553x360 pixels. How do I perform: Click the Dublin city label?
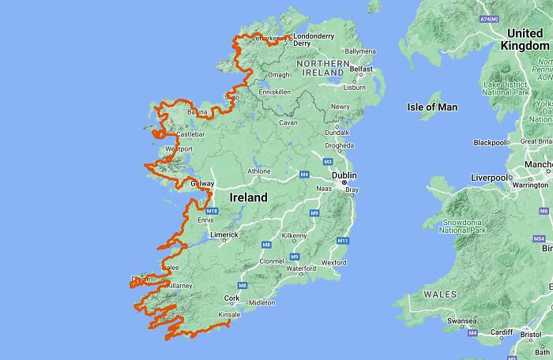coord(344,175)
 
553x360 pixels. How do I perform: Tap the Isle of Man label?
coord(432,107)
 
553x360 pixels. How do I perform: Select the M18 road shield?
coord(212,211)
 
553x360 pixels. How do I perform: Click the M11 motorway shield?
coord(342,240)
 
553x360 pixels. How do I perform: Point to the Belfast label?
coord(361,69)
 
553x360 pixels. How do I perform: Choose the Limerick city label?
coord(224,235)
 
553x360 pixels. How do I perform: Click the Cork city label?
coord(231,298)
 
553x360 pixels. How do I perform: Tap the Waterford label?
coord(300,268)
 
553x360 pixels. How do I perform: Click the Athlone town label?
coord(258,171)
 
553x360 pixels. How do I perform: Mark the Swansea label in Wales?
coord(461,321)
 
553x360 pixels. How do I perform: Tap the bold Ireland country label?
coord(248,197)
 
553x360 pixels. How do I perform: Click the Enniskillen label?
coord(275,92)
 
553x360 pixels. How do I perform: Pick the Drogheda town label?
coord(339,145)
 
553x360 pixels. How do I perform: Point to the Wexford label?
coord(334,262)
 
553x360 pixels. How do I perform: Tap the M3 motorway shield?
coord(326,161)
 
